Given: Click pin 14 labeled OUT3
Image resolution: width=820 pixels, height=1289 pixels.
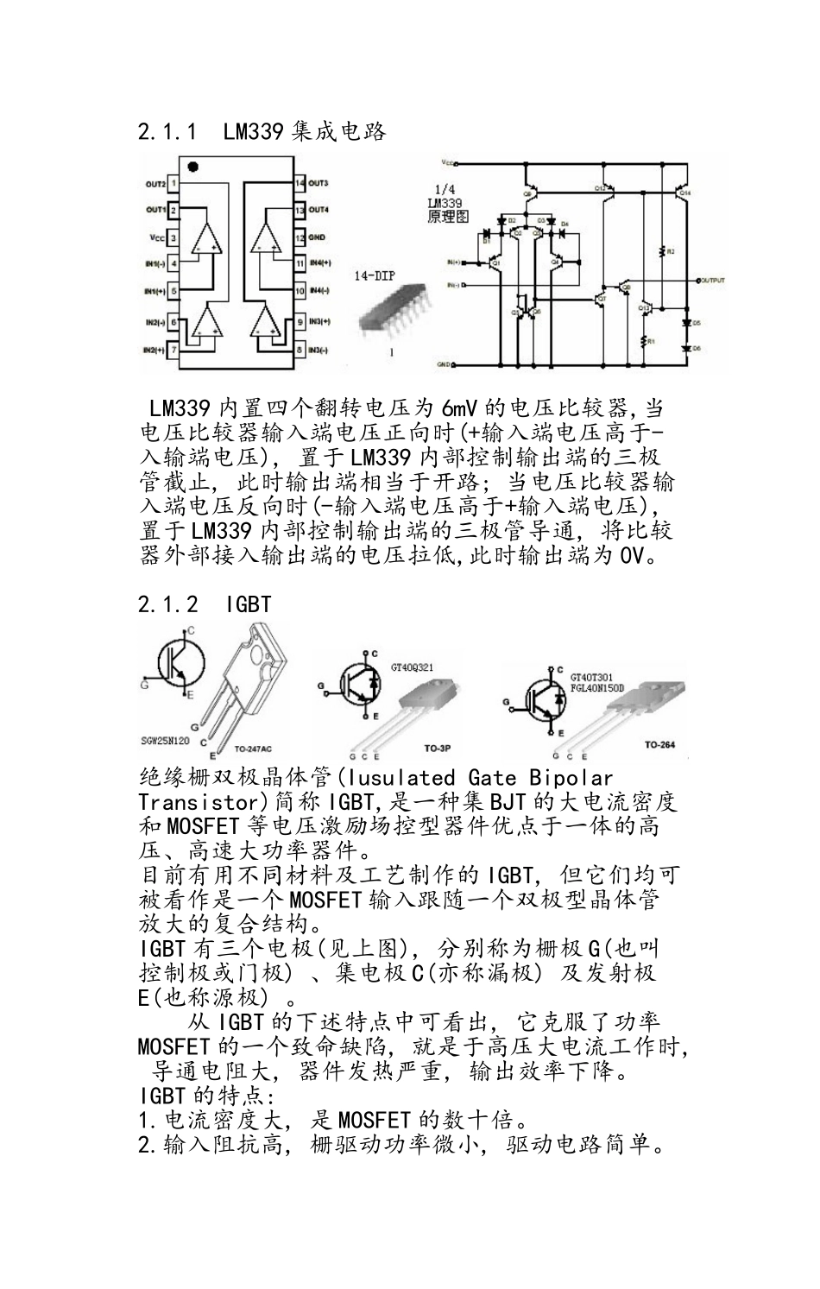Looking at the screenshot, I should coord(300,184).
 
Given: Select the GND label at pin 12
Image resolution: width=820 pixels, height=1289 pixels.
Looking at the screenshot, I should coord(318,237).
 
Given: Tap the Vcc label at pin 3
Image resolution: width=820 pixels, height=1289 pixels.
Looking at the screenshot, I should coord(155,237).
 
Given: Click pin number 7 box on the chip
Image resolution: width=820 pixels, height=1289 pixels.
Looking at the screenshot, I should coord(173,351).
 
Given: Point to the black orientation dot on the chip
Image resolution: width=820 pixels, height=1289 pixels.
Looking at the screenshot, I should coord(192,166).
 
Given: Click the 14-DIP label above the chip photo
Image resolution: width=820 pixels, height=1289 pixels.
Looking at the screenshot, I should coord(375,277).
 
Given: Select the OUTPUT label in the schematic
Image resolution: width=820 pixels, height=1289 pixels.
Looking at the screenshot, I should coord(712,281).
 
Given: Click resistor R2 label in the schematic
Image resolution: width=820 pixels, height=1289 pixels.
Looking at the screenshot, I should coord(669,251).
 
